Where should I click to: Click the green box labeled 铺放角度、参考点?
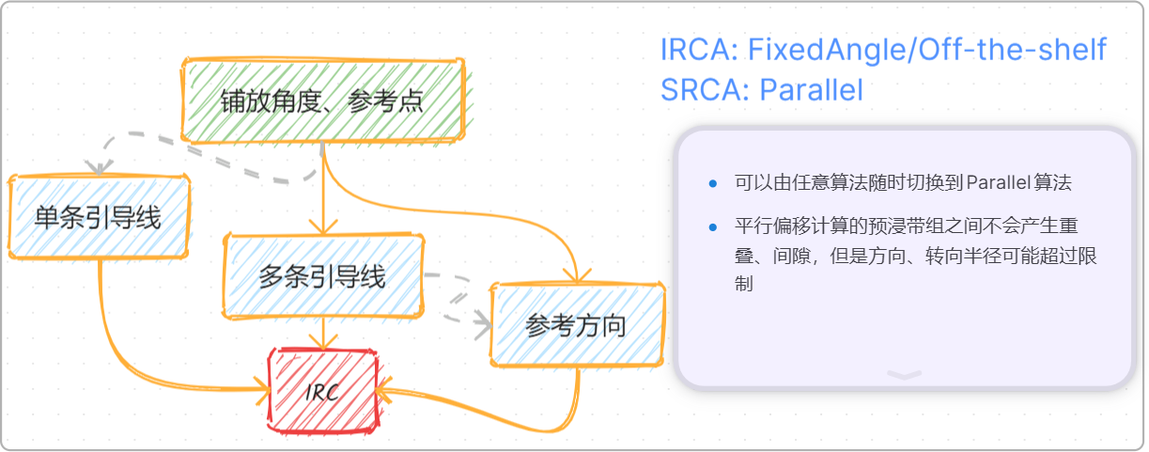click(x=322, y=101)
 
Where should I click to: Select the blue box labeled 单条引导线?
click(x=98, y=217)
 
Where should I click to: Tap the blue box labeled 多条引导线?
click(x=322, y=276)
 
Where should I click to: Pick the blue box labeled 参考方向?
click(x=577, y=324)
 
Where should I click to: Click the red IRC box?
click(x=322, y=390)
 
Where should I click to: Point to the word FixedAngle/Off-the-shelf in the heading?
click(x=927, y=50)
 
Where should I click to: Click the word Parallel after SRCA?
click(x=811, y=90)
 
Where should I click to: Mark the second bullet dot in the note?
click(x=714, y=227)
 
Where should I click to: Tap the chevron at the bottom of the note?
click(x=904, y=374)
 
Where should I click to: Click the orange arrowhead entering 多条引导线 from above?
click(x=322, y=227)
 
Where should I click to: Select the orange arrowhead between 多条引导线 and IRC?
click(x=322, y=342)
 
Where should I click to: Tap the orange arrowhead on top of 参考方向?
click(x=577, y=275)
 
